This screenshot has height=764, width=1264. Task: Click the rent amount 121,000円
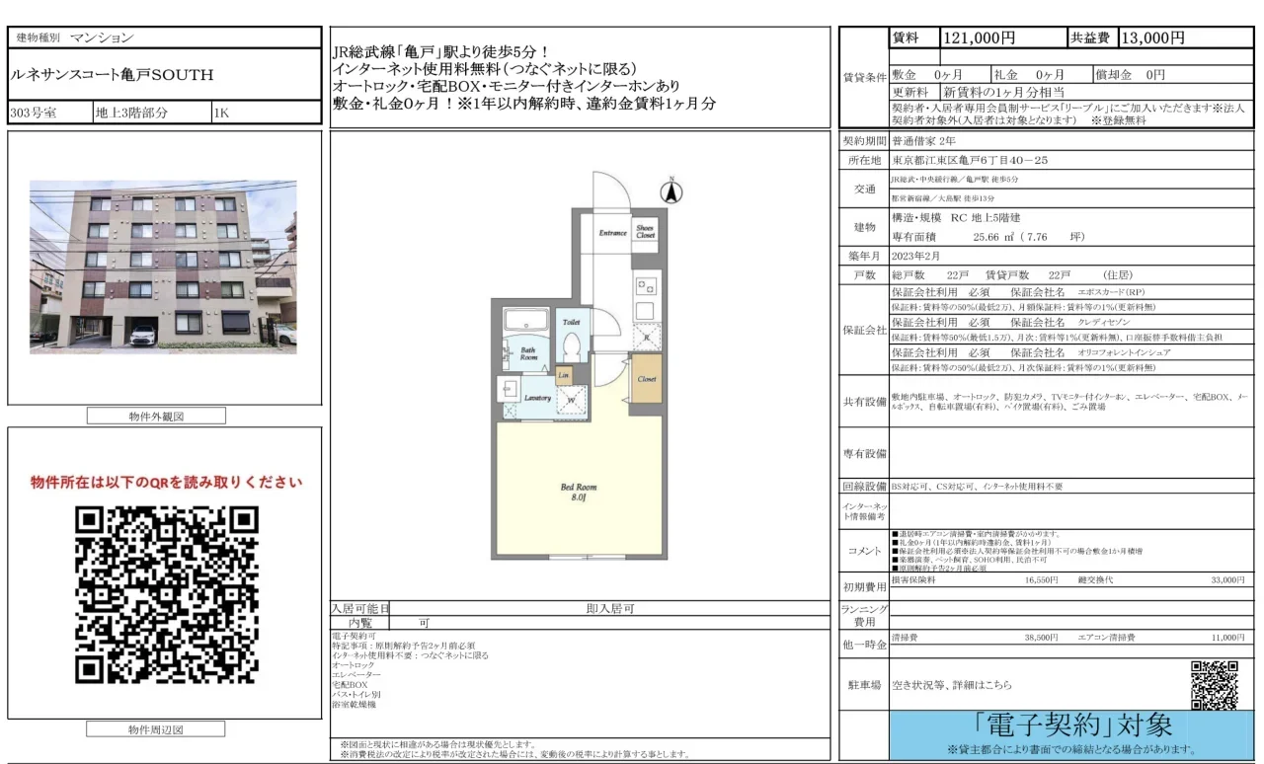(x=980, y=38)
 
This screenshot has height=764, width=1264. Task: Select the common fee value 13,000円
(x=1151, y=38)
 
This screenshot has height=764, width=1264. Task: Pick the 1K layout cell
(x=223, y=113)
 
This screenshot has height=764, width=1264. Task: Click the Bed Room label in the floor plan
(x=579, y=492)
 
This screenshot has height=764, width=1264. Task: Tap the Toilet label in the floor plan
(x=571, y=323)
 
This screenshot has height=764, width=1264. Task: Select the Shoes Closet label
(x=645, y=231)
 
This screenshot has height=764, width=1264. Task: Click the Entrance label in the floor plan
(x=612, y=233)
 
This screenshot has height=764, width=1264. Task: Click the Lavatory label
(x=537, y=397)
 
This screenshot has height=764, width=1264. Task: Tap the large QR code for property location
(x=166, y=596)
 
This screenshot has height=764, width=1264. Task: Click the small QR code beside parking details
(x=1214, y=684)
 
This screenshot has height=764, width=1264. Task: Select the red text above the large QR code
(x=166, y=483)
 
